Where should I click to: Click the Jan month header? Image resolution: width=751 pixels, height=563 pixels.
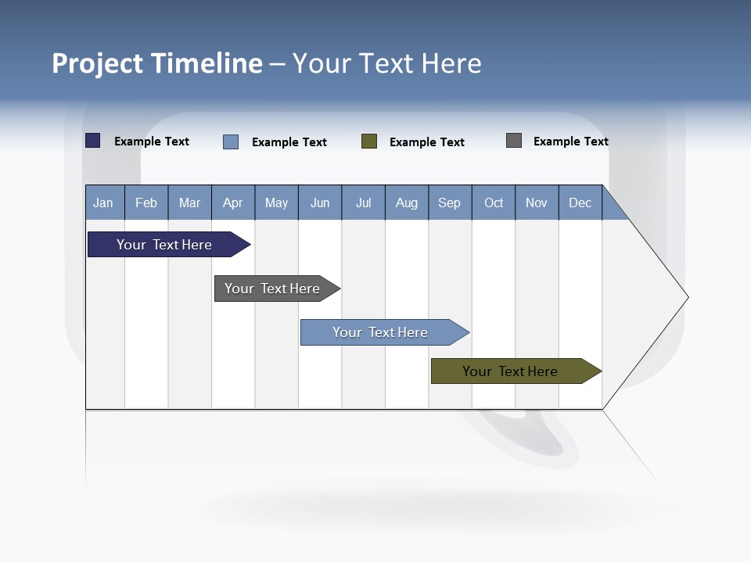(x=104, y=203)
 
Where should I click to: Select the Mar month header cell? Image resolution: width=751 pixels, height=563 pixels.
(x=189, y=203)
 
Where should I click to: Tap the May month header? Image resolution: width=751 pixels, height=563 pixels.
(x=276, y=203)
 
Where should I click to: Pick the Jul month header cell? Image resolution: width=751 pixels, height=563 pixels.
(x=363, y=203)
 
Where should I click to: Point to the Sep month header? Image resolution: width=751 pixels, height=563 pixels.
(x=449, y=203)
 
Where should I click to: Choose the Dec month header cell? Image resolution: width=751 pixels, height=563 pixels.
(x=580, y=203)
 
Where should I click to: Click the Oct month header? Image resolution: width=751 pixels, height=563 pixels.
(x=494, y=203)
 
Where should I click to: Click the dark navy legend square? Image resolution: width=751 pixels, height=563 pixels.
(x=93, y=141)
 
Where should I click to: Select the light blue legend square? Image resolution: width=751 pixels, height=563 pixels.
(x=231, y=142)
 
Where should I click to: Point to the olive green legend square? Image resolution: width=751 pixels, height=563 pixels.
(x=369, y=142)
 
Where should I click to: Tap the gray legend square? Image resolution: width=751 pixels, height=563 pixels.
(x=514, y=141)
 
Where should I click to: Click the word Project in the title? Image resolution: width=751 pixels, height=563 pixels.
(x=97, y=63)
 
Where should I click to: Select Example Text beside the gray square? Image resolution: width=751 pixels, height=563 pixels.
(x=570, y=142)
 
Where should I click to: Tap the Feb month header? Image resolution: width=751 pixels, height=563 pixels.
(x=146, y=203)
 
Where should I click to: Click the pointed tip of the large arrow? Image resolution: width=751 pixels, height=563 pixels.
(x=686, y=296)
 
